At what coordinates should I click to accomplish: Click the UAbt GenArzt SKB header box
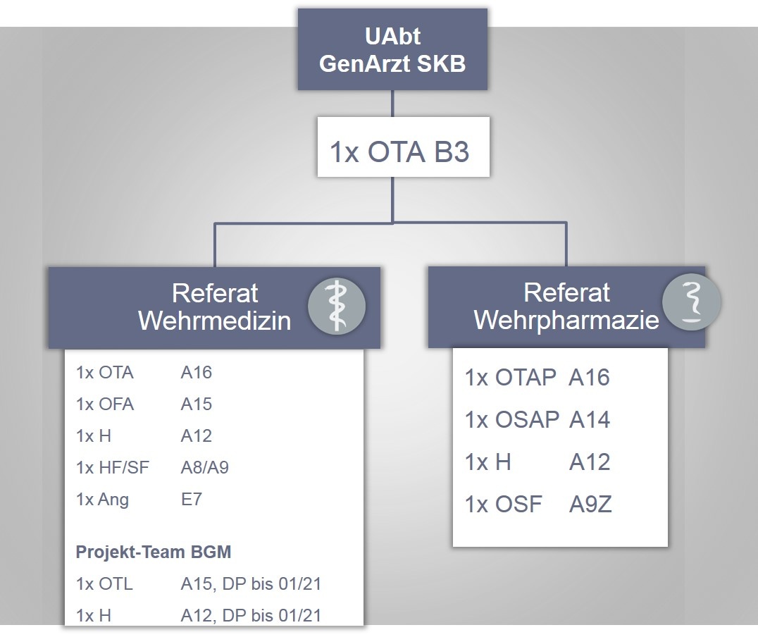392,50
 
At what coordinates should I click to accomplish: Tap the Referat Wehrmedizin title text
215,307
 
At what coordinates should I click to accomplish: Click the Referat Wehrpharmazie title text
566,307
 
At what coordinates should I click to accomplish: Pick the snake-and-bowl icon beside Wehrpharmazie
692,301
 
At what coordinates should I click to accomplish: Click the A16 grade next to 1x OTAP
589,378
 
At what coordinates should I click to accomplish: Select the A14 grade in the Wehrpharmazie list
589,421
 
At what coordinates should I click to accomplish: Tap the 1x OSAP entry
511,421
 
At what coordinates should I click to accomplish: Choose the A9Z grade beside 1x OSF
590,505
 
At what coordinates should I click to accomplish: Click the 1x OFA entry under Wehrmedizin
105,404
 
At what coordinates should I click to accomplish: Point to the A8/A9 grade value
204,468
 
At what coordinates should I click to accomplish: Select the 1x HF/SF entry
113,468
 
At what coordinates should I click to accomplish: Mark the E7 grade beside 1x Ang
192,500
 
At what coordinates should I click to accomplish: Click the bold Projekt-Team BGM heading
153,552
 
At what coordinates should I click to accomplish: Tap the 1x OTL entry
104,584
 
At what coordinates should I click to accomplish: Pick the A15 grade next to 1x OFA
196,404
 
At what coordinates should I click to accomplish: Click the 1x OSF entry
503,505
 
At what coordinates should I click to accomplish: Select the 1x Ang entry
103,500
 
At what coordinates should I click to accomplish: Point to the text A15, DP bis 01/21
251,584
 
